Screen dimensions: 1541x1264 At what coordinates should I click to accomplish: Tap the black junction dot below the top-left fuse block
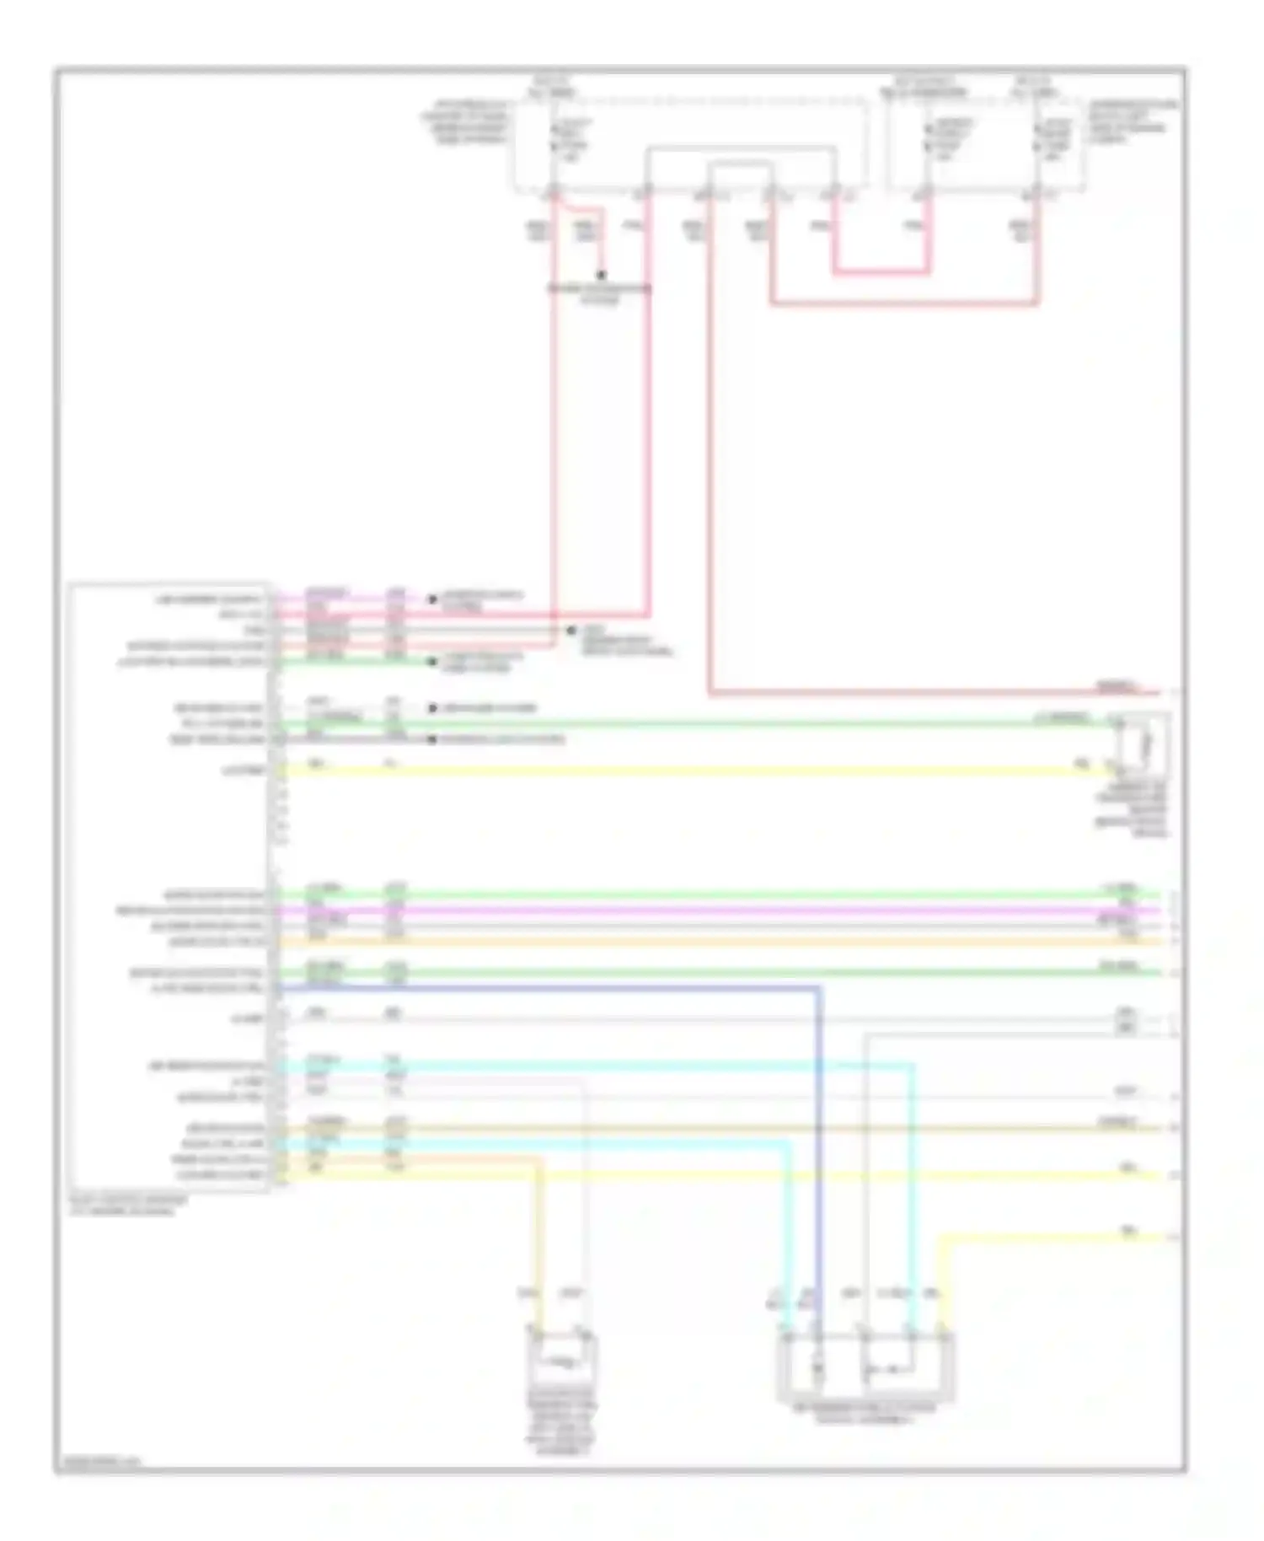[x=601, y=276]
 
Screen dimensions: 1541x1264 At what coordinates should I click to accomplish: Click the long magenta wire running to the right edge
[x=716, y=910]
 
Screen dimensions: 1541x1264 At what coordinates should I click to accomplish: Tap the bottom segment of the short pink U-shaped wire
[x=881, y=273]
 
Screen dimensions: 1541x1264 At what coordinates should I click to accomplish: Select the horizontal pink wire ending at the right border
[x=927, y=694]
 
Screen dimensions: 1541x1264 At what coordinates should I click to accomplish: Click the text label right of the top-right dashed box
[x=1131, y=122]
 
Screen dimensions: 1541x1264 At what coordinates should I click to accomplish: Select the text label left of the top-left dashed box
[x=466, y=122]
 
